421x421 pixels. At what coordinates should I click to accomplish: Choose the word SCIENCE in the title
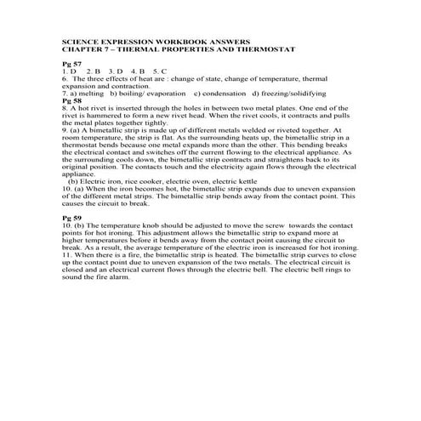[81, 41]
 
